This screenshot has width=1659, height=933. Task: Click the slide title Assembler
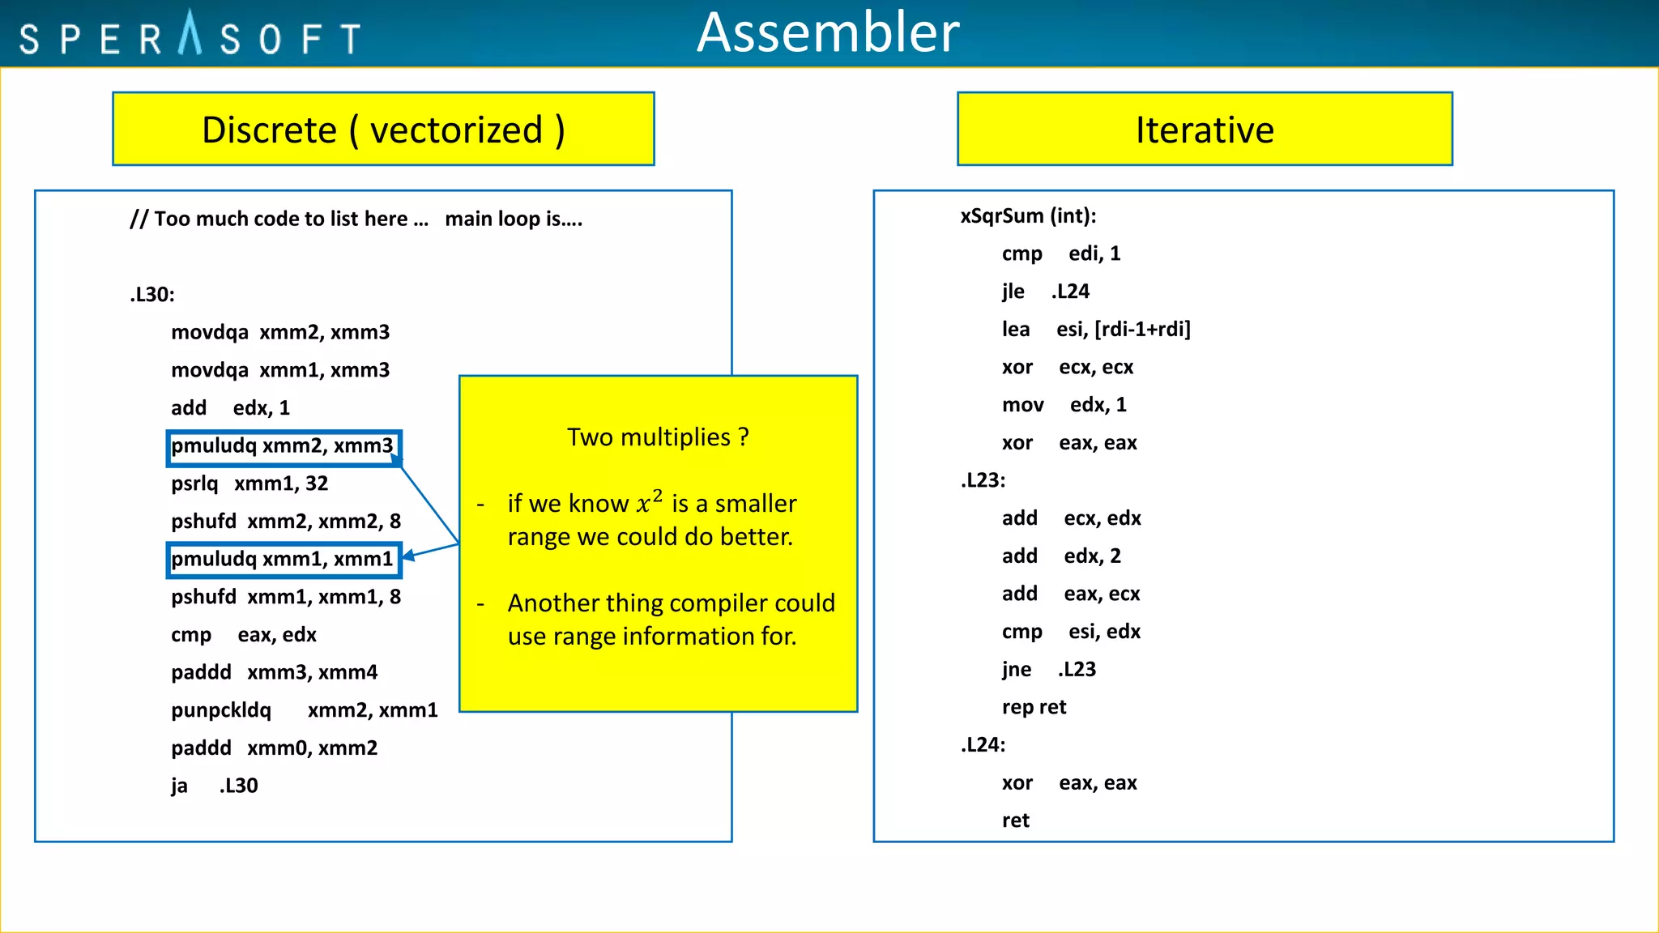click(828, 34)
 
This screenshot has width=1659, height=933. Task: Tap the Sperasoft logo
click(190, 36)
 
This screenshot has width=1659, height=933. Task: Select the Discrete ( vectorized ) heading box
click(383, 130)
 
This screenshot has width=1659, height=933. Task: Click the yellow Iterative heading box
click(1204, 130)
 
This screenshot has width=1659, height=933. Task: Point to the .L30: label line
click(152, 295)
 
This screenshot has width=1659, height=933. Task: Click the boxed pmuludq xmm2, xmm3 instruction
click(283, 446)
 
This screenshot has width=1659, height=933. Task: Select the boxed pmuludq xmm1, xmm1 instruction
click(283, 560)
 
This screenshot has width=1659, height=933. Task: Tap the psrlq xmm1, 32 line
click(249, 484)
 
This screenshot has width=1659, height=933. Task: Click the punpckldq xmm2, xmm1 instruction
click(304, 711)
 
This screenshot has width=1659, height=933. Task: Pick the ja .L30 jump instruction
click(214, 786)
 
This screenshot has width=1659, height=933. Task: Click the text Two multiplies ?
click(657, 437)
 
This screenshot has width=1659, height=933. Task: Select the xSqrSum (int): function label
click(1028, 216)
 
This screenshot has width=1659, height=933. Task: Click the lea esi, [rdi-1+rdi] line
click(1095, 330)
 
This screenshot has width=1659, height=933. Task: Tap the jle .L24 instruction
click(1045, 292)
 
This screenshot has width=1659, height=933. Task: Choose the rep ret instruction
click(1034, 708)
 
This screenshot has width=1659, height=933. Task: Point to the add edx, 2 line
click(1061, 556)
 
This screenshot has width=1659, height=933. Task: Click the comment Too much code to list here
click(279, 219)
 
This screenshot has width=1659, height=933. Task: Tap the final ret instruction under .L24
click(1015, 821)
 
